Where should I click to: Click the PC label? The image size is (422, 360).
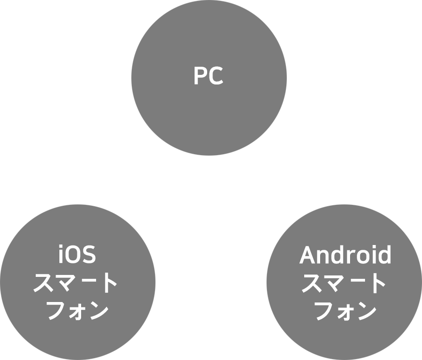coord(209,76)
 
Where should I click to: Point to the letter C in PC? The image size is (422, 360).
coord(216,76)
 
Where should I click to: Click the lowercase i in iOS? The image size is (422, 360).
coord(61,255)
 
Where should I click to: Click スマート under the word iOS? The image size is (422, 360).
coord(75,284)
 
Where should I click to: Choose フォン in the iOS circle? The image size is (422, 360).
coord(77,311)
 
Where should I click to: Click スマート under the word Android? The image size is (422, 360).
coord(344,284)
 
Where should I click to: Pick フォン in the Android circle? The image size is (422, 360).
coord(346,311)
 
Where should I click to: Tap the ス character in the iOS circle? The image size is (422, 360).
coord(42,284)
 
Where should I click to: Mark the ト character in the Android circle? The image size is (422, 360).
coord(378,284)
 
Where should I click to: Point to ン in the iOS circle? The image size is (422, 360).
coord(98,311)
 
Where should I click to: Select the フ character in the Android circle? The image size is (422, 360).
coord(324,311)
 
